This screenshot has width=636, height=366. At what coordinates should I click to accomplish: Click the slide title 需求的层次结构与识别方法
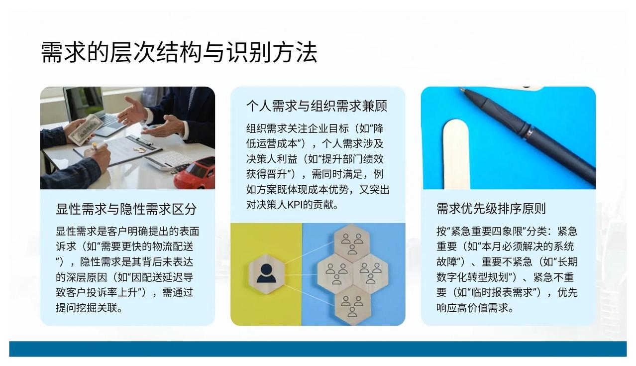[x=179, y=52]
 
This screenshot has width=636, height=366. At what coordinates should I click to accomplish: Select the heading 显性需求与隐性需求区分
[x=126, y=209]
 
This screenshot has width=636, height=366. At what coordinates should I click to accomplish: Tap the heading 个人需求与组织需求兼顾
[x=317, y=106]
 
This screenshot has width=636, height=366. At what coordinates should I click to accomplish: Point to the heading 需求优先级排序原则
[x=491, y=209]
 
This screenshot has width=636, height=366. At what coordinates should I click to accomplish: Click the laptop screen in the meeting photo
[x=83, y=103]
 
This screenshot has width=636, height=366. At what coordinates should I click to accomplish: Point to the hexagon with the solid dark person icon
[x=266, y=274]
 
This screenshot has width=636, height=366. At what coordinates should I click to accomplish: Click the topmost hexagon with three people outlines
[x=352, y=243]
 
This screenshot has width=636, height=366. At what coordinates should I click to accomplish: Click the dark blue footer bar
[x=318, y=349]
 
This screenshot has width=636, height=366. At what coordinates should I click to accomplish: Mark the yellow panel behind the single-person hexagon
[x=266, y=274]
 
